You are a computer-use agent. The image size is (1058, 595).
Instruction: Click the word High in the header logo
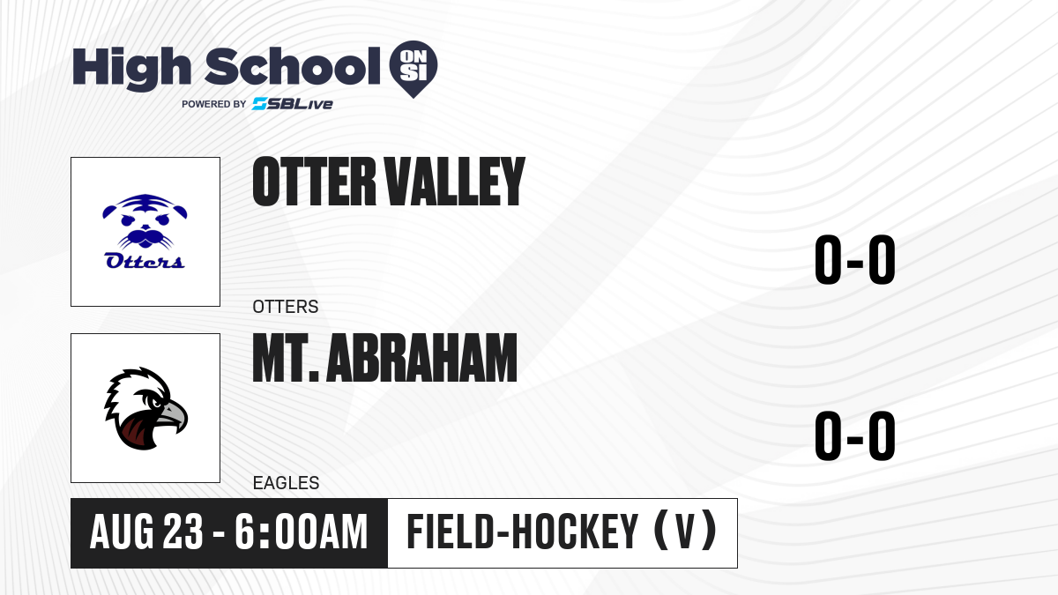click(131, 69)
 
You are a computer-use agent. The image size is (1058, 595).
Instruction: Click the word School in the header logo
click(293, 66)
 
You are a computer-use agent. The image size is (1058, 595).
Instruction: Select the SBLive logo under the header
click(293, 104)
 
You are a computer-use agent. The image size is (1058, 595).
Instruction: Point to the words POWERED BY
click(214, 104)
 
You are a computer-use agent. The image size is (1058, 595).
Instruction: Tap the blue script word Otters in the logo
click(145, 261)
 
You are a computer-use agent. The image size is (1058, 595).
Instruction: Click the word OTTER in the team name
click(314, 182)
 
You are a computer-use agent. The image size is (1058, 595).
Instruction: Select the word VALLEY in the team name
click(455, 182)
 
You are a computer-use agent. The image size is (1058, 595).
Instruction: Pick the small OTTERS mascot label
click(286, 307)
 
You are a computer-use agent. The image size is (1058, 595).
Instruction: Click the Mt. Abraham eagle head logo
click(146, 408)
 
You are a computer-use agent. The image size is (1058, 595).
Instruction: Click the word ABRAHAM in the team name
click(421, 358)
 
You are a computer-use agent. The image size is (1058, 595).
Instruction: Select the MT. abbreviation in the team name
click(286, 358)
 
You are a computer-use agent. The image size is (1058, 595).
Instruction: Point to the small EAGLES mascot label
click(286, 483)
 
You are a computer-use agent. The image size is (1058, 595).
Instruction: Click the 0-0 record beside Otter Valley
click(855, 260)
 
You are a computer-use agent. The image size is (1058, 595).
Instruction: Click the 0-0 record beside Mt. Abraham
click(855, 435)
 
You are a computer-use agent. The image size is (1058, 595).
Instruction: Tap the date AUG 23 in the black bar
click(146, 532)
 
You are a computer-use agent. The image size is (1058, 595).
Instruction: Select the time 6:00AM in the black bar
click(302, 532)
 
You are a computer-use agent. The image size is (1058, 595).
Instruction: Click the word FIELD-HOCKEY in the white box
click(522, 532)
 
